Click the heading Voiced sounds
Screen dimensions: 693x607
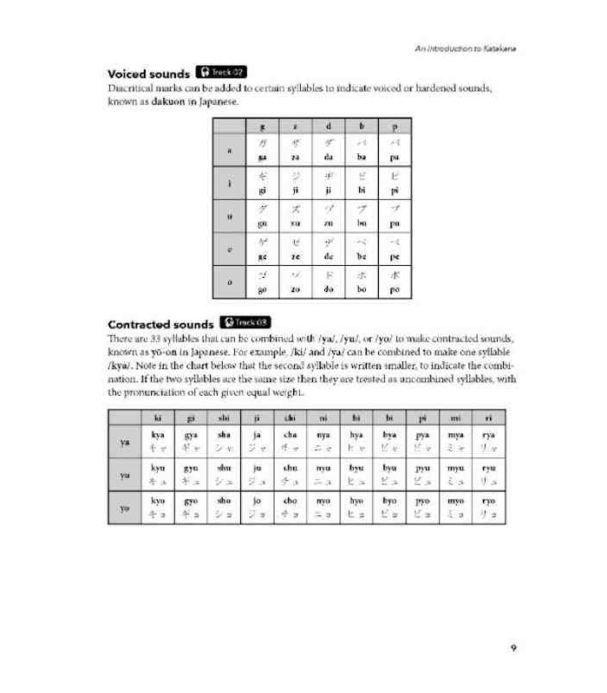coord(147,74)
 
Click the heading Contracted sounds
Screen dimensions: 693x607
coord(160,324)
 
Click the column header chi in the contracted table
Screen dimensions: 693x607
coord(290,417)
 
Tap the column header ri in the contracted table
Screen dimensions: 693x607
coord(487,417)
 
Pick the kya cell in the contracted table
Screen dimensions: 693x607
coord(158,441)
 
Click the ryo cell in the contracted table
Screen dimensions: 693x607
coord(487,507)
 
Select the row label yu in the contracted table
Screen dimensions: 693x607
coord(125,474)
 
